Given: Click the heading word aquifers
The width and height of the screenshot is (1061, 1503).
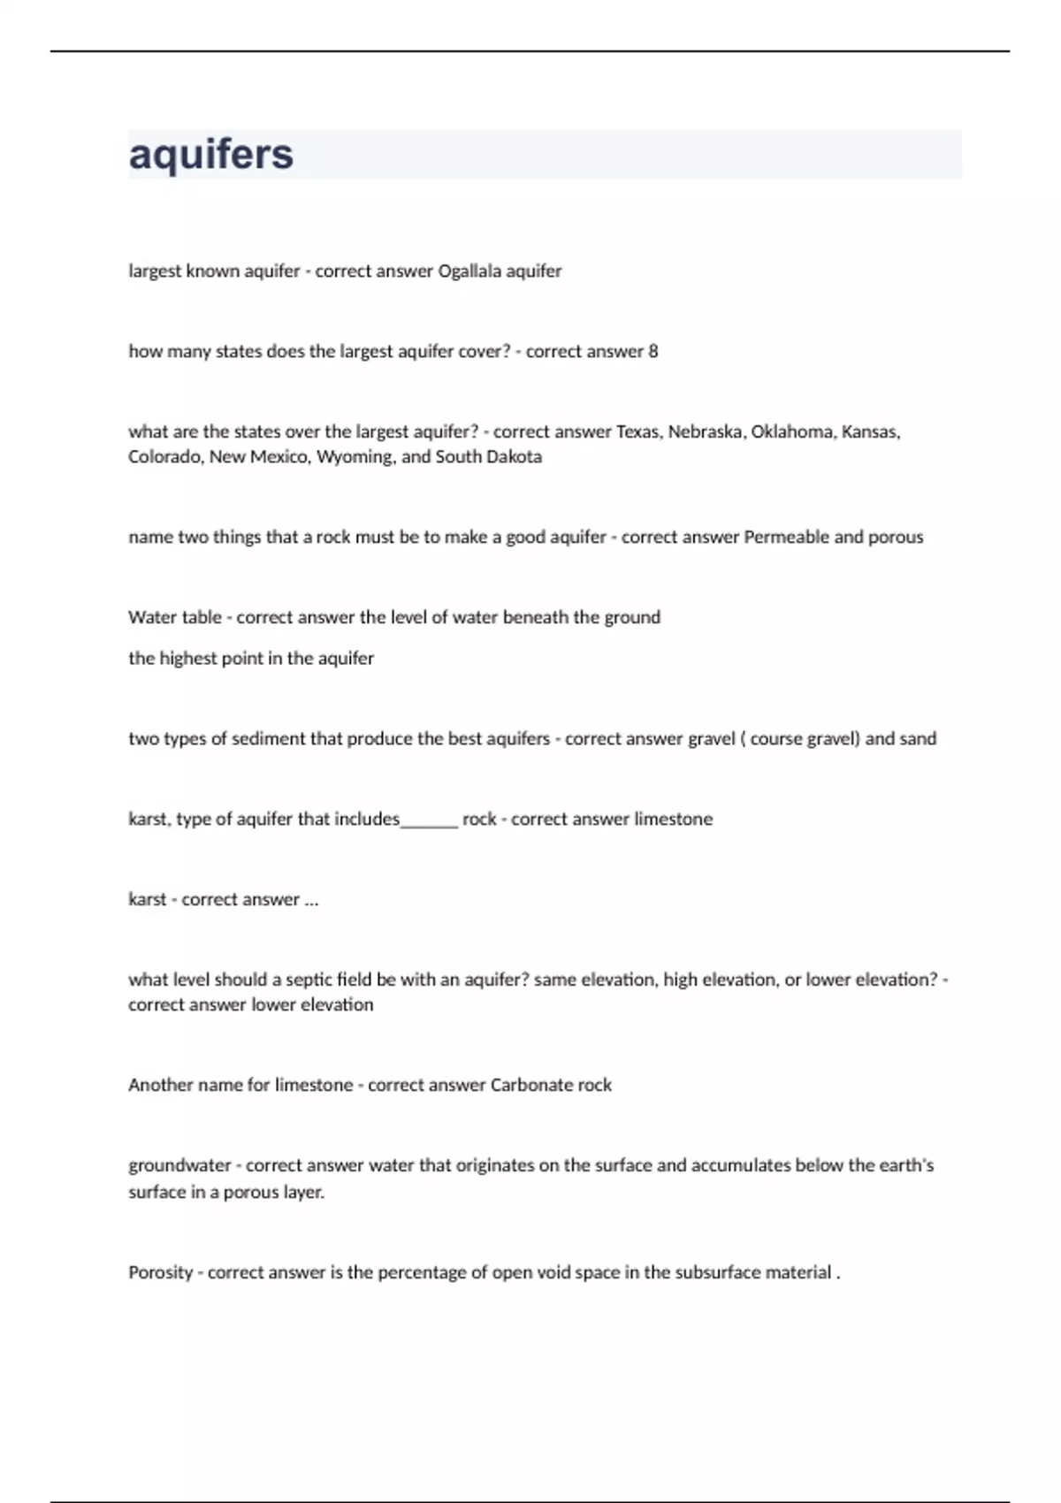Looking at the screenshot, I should [x=210, y=154].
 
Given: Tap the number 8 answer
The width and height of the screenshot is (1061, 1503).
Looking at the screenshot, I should [x=653, y=351].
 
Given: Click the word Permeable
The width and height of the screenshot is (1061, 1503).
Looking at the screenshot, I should [x=786, y=537].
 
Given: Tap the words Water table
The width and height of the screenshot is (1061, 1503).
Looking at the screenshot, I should [x=174, y=617].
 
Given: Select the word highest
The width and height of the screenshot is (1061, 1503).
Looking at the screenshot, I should [x=187, y=658].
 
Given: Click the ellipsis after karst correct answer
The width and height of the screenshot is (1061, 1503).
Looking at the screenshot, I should [x=311, y=900].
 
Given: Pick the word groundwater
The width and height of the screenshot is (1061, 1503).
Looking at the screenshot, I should [x=179, y=1165].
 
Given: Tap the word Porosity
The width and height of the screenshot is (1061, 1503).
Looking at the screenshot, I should [x=160, y=1272].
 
